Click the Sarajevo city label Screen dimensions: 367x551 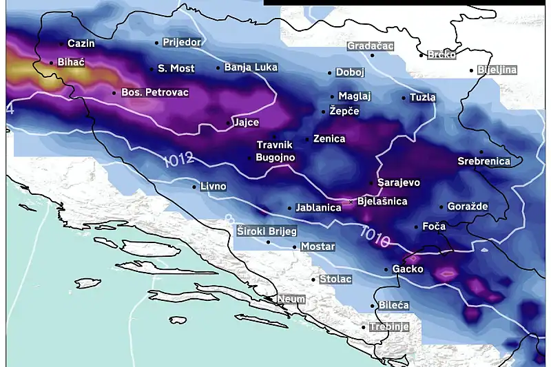(x=399, y=183)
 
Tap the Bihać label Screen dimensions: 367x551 (x=71, y=63)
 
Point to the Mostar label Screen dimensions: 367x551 (x=318, y=247)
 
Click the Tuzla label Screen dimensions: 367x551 (x=422, y=98)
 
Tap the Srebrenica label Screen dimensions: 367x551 (x=484, y=162)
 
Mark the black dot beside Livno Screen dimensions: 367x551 (x=194, y=186)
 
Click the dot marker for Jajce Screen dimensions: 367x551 (x=229, y=124)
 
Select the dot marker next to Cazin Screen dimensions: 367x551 (x=61, y=44)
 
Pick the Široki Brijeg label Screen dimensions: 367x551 (x=267, y=231)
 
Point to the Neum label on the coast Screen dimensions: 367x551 (x=291, y=300)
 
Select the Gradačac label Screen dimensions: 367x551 (x=370, y=46)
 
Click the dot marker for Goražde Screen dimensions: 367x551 (x=441, y=207)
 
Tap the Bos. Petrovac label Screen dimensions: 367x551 (x=154, y=92)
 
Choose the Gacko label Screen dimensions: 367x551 (x=408, y=269)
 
